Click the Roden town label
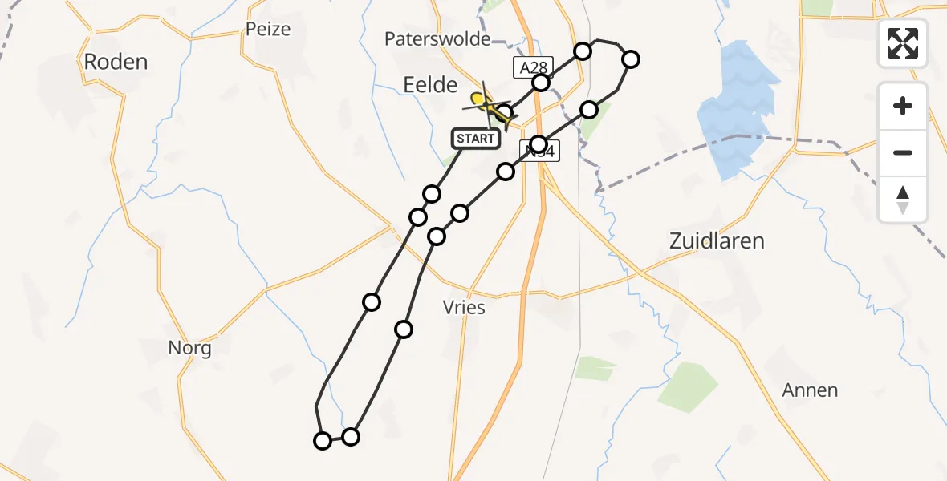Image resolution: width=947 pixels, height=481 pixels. pos(116,62)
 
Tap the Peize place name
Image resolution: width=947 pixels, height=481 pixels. pos(268,30)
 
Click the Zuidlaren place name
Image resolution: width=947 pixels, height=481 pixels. pos(717,240)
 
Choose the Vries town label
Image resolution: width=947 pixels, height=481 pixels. pos(464,307)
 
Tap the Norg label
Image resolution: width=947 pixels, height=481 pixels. pos(190,349)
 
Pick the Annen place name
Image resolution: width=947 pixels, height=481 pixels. pos(811,391)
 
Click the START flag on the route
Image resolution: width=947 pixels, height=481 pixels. pos(475,139)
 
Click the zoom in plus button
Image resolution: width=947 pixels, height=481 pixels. pos(903,106)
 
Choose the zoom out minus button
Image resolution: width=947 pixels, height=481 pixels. pos(903,152)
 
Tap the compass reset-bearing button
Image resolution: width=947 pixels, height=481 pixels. pos(903,199)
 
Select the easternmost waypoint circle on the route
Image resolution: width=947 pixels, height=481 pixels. pos(631,59)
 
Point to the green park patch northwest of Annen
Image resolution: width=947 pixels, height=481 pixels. pos(688,386)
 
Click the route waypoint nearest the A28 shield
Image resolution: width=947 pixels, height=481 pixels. pos(541,83)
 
